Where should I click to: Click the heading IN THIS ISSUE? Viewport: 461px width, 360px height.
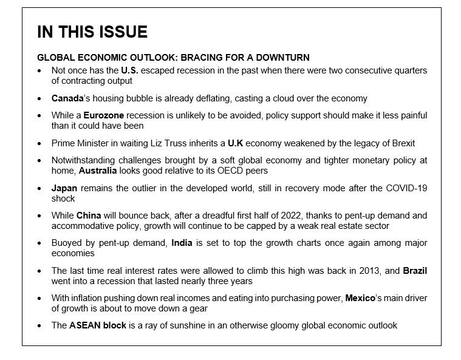coord(92,32)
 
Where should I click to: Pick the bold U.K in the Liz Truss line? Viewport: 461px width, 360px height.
coord(236,143)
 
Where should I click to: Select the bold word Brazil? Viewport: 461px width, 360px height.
coord(415,270)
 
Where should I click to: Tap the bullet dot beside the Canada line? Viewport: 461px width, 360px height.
coord(39,98)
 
